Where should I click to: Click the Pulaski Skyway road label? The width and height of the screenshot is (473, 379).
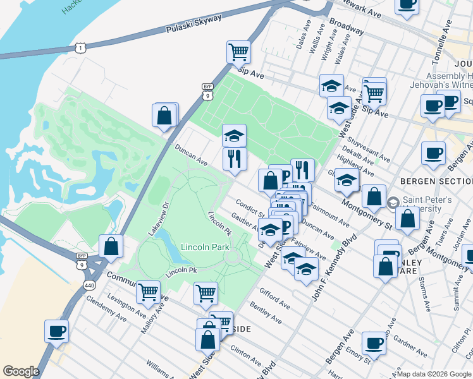click(194, 24)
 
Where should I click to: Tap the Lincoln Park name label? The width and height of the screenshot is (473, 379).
click(204, 247)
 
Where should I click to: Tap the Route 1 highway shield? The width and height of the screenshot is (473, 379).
click(79, 47)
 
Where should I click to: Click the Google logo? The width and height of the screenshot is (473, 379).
click(20, 371)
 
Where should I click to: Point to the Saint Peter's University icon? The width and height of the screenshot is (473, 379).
click(393, 202)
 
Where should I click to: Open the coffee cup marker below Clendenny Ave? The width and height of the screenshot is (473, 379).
click(56, 331)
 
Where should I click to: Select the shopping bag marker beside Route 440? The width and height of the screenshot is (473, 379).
click(111, 247)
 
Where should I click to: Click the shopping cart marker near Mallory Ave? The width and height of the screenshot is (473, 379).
click(148, 292)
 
